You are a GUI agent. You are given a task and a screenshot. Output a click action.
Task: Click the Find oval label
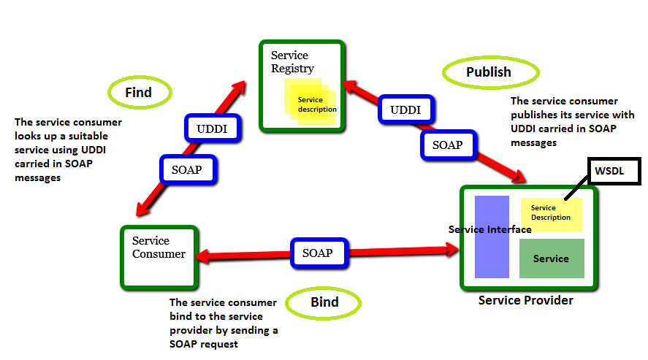[x=140, y=92]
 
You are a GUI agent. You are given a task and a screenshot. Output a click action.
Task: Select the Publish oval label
[x=489, y=72]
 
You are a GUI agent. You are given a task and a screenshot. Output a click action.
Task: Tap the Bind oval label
[x=323, y=302]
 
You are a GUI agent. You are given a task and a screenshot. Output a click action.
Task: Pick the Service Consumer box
[x=159, y=256]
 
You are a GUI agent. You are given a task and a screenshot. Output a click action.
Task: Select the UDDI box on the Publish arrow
[x=404, y=110]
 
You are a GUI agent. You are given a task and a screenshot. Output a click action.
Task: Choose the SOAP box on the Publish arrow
[x=447, y=145]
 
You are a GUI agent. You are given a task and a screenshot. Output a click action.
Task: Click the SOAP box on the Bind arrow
[x=317, y=253]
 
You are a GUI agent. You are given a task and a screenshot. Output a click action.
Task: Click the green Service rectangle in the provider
[x=551, y=258]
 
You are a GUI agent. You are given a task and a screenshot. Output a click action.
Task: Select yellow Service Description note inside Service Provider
[x=552, y=213]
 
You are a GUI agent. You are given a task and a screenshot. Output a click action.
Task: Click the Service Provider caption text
[x=525, y=300]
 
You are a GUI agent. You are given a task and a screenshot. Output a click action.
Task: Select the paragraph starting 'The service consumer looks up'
[x=68, y=150]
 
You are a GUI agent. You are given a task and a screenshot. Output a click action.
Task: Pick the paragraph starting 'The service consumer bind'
[x=223, y=323]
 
